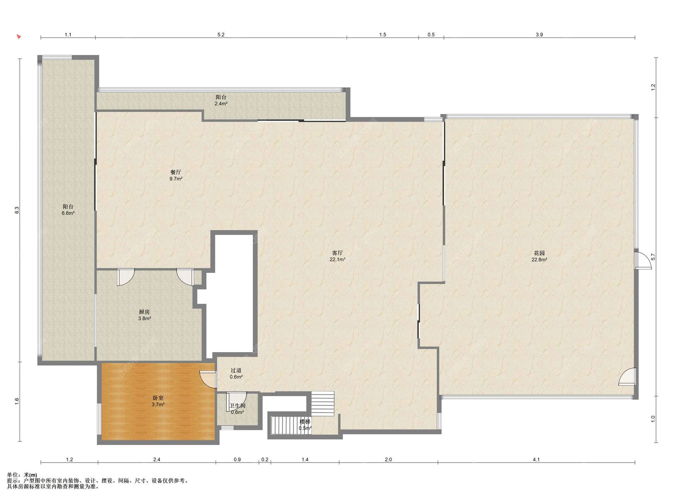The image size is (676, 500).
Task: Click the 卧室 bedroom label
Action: coord(158,398)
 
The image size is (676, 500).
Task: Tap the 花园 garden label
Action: coord(539,253)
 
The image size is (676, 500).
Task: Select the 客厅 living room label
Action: coord(337,253)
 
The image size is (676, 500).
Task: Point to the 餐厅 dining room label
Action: coord(176,172)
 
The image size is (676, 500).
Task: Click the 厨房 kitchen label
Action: coord(144,312)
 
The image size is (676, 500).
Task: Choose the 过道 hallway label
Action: coord(236,370)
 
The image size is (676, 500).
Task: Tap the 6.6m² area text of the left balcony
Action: coord(68,213)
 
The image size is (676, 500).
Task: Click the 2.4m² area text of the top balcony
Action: coord(221,104)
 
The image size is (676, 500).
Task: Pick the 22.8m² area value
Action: coord(539,260)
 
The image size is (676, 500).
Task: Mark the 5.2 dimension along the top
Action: coord(221,35)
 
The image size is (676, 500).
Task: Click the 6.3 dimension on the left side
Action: coord(17,210)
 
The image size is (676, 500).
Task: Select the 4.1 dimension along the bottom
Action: coord(536,460)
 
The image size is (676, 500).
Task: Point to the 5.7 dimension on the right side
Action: coord(653,257)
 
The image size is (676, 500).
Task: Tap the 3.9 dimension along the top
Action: coord(539,35)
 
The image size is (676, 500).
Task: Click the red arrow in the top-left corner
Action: coord(19,36)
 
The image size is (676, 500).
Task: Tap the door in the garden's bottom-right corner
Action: coord(627,376)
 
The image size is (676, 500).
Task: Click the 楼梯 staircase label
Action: coord(305,421)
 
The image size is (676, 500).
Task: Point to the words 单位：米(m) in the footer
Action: coord(22,475)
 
